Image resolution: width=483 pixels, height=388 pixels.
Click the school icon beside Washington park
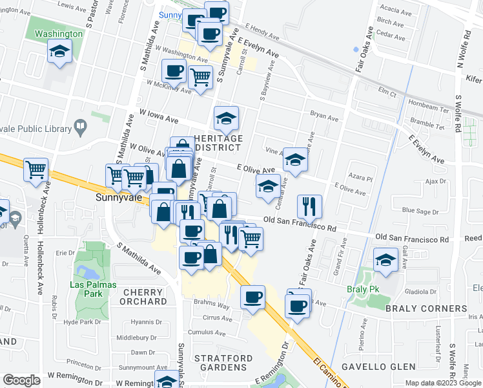click(59, 51)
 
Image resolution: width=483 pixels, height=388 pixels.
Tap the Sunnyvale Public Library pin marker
click(81, 127)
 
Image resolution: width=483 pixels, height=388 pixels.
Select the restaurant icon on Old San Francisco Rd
click(309, 206)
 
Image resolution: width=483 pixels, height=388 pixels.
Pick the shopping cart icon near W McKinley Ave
click(201, 78)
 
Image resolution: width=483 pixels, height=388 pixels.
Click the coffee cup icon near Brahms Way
click(253, 297)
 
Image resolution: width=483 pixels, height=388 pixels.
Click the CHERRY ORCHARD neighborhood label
click(143, 297)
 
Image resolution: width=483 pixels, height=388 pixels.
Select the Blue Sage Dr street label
click(419, 211)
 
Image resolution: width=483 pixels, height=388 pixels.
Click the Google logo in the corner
click(21, 380)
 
